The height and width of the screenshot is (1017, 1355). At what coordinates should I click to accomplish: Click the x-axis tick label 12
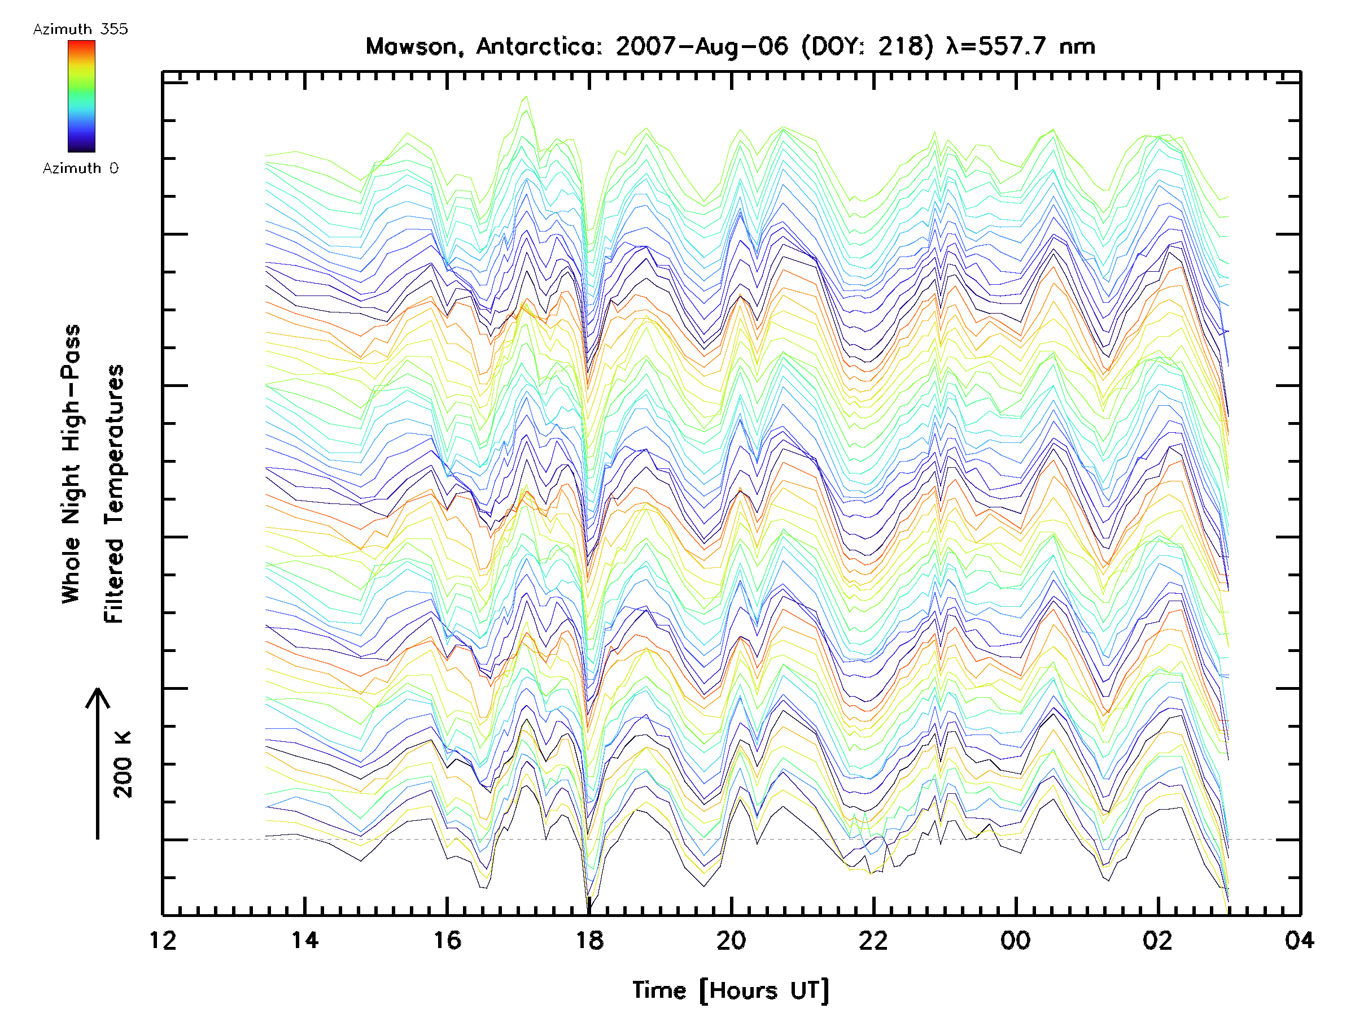point(163,940)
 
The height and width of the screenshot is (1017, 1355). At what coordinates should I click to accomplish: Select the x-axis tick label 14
point(305,940)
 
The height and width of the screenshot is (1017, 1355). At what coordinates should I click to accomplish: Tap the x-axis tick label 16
point(447,940)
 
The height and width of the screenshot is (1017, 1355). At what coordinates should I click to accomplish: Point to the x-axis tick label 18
point(589,940)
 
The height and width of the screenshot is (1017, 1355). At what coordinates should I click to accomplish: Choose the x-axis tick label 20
point(731,940)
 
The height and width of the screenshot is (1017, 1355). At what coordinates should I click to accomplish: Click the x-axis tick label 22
point(873,940)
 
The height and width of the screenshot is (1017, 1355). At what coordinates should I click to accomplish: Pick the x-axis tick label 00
point(1016,940)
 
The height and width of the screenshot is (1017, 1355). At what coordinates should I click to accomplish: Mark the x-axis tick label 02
point(1158,940)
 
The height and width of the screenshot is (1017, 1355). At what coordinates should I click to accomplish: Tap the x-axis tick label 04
point(1299,940)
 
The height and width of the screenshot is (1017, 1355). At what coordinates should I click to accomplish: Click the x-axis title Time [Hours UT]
point(731,991)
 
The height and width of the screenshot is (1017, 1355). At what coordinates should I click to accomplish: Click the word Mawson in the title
point(412,46)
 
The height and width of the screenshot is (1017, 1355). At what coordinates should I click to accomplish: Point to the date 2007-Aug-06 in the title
point(701,46)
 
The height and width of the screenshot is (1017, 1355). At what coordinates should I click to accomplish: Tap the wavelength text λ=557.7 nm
point(1021,46)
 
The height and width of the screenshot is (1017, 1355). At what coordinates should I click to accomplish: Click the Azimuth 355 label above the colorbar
point(81,29)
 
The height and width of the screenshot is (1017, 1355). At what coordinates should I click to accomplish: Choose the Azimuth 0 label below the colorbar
point(81,168)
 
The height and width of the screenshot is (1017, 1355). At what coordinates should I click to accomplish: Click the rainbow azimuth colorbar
point(81,96)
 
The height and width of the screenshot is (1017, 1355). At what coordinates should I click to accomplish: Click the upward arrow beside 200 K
point(98,763)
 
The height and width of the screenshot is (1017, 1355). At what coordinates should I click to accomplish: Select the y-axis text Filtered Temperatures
point(114,493)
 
